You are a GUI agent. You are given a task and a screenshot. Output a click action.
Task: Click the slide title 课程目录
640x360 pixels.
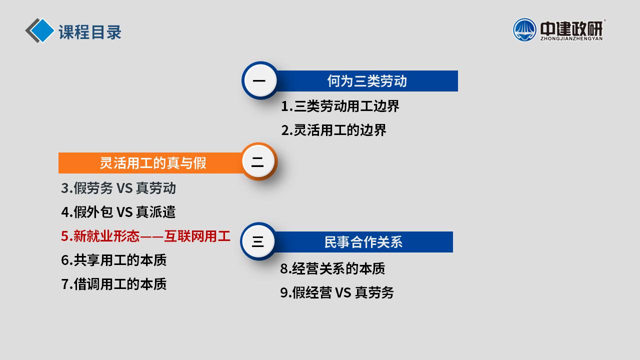pos(90,32)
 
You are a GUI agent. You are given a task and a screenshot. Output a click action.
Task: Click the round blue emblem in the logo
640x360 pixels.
pos(524,29)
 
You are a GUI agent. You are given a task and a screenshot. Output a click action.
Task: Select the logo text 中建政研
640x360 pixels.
pos(571,27)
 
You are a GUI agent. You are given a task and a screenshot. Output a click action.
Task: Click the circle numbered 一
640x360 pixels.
pos(259,80)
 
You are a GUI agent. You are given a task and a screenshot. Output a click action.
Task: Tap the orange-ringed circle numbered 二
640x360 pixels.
pos(258,162)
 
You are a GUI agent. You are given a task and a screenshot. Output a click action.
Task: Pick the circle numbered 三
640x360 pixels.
pos(258,242)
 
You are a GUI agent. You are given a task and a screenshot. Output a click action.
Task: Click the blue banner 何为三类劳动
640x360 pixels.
pos(367,81)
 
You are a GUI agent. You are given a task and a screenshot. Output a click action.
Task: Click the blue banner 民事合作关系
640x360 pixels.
pos(363,242)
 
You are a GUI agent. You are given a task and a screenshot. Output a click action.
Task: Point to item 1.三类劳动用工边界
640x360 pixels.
pos(340,106)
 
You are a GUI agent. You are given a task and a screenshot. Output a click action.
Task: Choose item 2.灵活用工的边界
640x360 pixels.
pos(333,130)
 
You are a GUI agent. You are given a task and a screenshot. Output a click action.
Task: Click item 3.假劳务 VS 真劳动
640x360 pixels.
pos(118,188)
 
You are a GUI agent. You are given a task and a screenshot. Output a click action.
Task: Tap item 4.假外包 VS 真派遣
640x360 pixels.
pos(118,212)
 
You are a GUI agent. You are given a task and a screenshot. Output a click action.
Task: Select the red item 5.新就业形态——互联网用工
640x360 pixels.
pos(145,236)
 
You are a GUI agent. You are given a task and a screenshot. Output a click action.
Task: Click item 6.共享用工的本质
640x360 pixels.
pos(114,260)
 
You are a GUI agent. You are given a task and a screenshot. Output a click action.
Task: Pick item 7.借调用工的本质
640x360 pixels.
pos(114,284)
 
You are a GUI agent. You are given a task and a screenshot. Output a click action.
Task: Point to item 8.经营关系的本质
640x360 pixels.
pos(332,268)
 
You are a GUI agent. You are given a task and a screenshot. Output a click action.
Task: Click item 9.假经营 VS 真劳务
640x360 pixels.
pos(337,292)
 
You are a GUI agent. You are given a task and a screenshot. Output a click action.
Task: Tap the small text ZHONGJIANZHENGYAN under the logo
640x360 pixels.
pos(571,38)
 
